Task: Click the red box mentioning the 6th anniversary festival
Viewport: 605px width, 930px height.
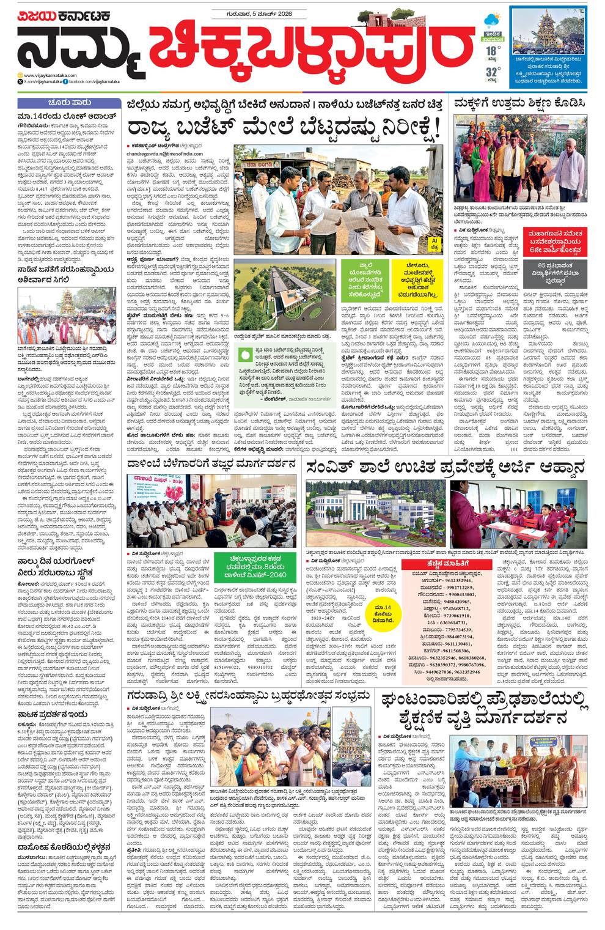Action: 556,239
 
